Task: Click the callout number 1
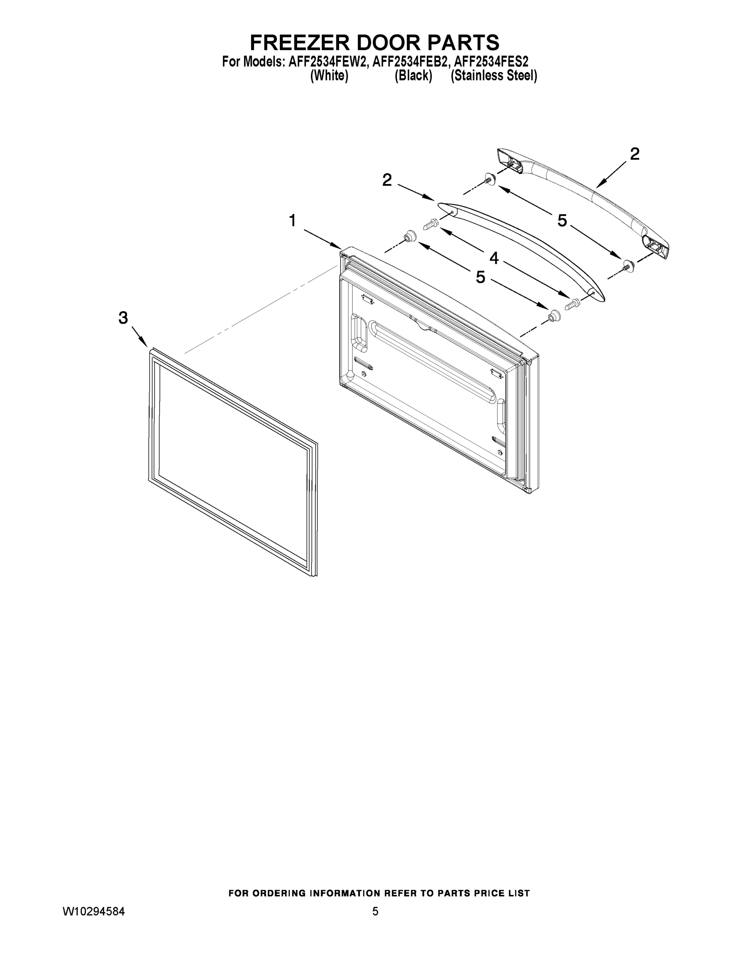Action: pos(292,220)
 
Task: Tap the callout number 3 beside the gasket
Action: pos(123,317)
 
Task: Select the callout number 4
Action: pos(494,258)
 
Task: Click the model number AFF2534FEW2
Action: pos(328,61)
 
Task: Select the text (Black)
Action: pos(413,76)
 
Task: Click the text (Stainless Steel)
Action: pos(494,76)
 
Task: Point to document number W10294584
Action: pos(94,912)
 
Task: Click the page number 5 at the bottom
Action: pos(375,912)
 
